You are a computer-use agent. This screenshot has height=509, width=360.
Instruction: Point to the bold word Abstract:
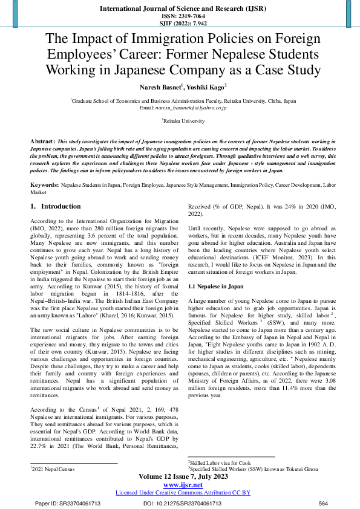click(43, 140)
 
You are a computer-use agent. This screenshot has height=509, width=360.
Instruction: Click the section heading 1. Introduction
click(56, 206)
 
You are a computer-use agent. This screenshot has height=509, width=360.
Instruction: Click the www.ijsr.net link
click(179, 485)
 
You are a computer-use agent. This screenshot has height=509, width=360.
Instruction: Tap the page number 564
click(322, 503)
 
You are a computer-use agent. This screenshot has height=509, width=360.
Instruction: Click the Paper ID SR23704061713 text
click(68, 503)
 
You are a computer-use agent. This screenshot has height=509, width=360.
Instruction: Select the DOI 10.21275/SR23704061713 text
click(182, 503)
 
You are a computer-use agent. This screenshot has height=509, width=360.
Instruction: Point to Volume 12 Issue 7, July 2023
click(179, 476)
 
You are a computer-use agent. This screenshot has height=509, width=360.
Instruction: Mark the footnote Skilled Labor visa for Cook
click(218, 462)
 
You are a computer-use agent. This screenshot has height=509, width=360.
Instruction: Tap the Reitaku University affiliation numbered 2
click(180, 121)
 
